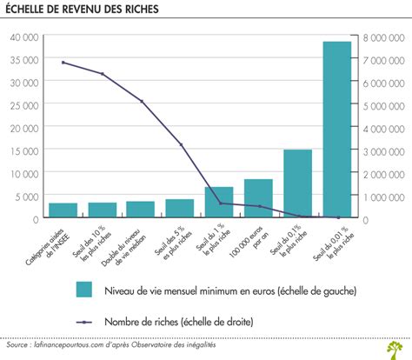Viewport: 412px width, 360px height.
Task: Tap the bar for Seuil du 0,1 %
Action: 297,183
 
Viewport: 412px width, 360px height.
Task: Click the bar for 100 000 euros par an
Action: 258,198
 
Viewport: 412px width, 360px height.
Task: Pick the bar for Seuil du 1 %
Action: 219,202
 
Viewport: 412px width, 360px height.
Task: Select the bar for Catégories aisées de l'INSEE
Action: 63,210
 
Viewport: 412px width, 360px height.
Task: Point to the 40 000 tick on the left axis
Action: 23,37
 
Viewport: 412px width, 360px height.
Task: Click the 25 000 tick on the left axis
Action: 23,105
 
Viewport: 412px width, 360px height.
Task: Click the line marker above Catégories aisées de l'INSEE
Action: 63,63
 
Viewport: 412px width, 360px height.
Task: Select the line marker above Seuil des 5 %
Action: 180,144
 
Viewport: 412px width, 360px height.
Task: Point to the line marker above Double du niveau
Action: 141,101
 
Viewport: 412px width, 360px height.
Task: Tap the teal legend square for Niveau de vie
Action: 84,290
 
